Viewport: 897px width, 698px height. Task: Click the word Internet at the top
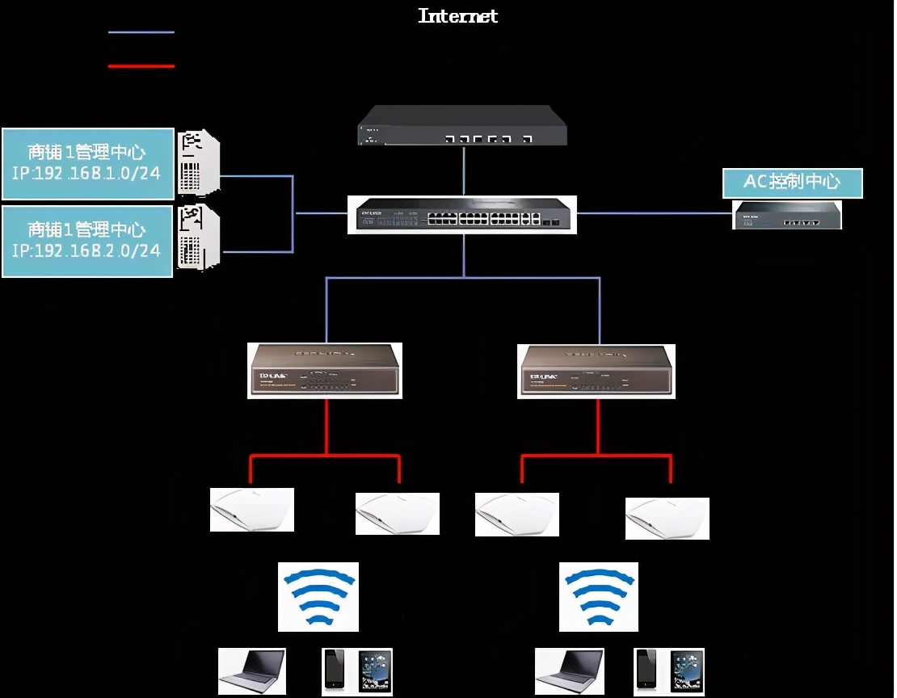(x=457, y=15)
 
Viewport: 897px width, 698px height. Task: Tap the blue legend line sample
(x=141, y=32)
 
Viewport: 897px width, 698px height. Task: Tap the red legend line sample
(x=141, y=65)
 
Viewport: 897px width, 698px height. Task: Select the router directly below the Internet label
(x=462, y=126)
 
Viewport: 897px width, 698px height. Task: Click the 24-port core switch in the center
(x=462, y=215)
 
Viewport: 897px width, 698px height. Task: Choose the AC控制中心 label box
(x=792, y=183)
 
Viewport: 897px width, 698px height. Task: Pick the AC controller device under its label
(x=786, y=216)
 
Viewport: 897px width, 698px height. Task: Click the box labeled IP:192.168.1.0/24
(x=87, y=163)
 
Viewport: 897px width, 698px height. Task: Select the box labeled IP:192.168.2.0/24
(x=87, y=241)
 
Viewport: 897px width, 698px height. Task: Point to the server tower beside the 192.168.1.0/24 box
(x=199, y=162)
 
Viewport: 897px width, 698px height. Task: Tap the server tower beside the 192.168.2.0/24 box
(x=199, y=238)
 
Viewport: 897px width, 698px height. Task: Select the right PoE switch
(x=596, y=371)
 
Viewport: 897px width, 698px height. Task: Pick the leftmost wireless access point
(x=251, y=510)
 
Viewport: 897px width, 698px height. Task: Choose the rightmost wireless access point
(x=667, y=518)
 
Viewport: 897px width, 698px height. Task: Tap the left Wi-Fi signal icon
(x=318, y=596)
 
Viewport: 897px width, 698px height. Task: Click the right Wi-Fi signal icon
(x=597, y=596)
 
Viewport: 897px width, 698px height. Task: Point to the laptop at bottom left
(x=251, y=671)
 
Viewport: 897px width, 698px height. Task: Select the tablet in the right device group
(x=686, y=670)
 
